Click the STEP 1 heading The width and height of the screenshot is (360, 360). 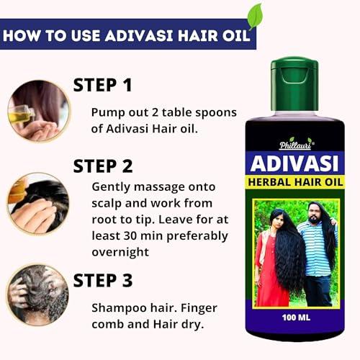click(103, 86)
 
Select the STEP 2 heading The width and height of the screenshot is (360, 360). click(103, 166)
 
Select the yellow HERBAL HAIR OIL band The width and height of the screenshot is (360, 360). click(297, 183)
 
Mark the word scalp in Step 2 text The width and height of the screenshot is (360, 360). click(108, 203)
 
